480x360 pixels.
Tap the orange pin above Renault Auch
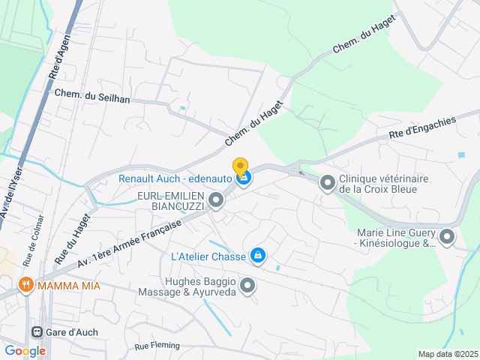(240, 166)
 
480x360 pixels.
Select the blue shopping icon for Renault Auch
(243, 178)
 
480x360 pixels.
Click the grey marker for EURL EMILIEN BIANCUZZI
(216, 199)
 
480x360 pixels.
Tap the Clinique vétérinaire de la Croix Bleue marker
(327, 183)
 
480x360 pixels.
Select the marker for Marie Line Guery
(447, 238)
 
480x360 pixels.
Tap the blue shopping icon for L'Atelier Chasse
(258, 256)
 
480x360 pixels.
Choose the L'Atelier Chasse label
(208, 256)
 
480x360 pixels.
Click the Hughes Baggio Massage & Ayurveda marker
(247, 285)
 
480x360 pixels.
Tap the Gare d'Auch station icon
(37, 332)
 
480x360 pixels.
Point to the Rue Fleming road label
(157, 346)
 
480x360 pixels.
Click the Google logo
(25, 350)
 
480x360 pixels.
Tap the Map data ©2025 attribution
(448, 354)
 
